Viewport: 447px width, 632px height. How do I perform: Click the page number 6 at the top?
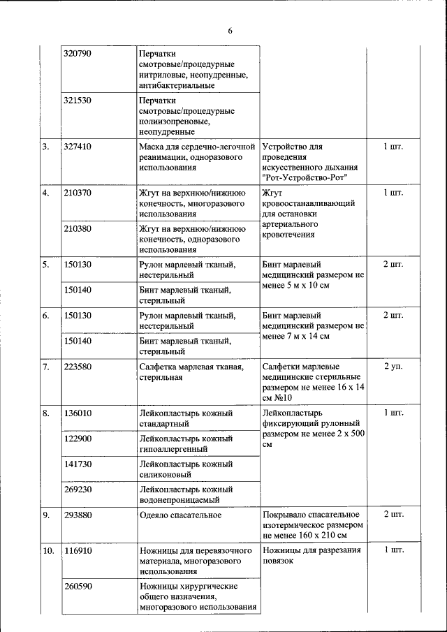coord(230,30)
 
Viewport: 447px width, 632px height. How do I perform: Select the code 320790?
coord(77,54)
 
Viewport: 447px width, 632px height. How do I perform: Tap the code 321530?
coord(77,101)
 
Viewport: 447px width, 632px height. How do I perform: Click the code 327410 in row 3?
coord(77,147)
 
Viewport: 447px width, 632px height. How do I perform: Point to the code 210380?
coord(77,228)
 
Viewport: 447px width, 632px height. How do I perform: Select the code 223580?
coord(77,367)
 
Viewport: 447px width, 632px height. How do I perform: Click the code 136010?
coord(77,413)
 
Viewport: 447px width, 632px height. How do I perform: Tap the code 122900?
coord(77,439)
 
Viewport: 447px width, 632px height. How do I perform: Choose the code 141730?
coord(77,464)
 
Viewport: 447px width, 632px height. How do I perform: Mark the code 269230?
coord(77,490)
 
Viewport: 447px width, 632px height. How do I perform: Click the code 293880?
coord(77,515)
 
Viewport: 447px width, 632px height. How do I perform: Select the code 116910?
coord(77,551)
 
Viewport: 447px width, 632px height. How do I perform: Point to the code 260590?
coord(77,586)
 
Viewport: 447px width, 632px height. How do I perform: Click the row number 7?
coord(45,367)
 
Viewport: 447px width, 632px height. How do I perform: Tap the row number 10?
coord(48,551)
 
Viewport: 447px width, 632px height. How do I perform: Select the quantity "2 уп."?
coord(393,367)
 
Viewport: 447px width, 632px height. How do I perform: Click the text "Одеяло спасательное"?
coord(180,515)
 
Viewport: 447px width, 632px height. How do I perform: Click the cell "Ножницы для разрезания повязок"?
coord(312,555)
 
